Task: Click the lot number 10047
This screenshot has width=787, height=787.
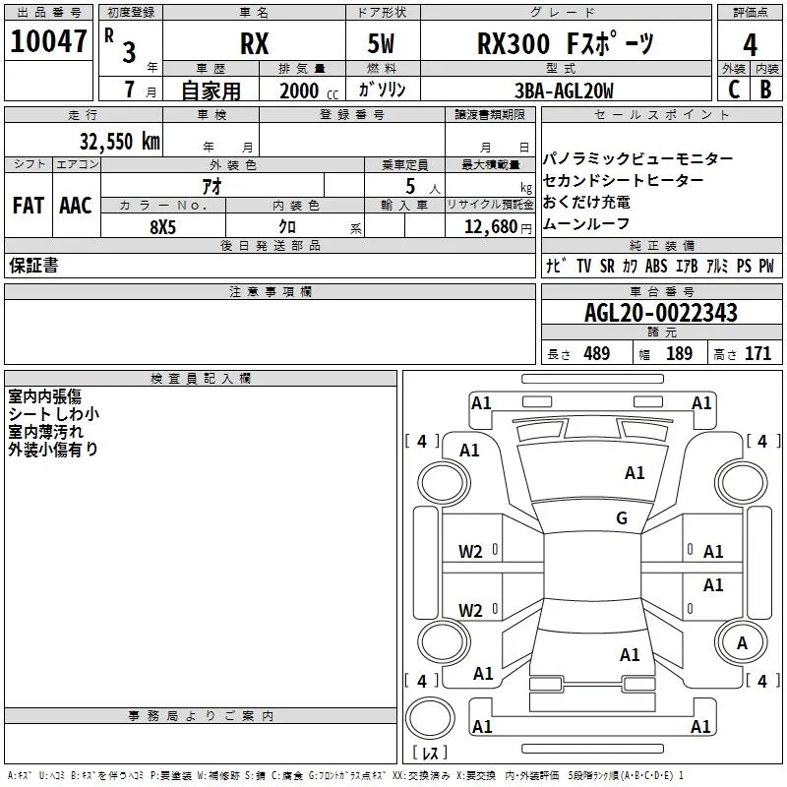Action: tap(48, 41)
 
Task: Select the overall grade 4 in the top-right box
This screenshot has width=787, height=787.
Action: tap(750, 45)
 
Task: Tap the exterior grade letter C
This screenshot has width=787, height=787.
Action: tap(734, 90)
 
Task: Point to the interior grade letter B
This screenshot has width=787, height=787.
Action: tap(765, 90)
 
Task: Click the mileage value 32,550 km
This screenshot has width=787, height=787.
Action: tap(120, 141)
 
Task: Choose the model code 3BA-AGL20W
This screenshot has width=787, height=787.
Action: tap(564, 91)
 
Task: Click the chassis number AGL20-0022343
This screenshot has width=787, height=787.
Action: tap(661, 313)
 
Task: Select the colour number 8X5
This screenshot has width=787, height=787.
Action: tap(162, 227)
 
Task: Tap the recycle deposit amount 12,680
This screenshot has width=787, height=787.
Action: tap(490, 227)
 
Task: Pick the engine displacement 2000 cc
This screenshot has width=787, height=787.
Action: tap(309, 91)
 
